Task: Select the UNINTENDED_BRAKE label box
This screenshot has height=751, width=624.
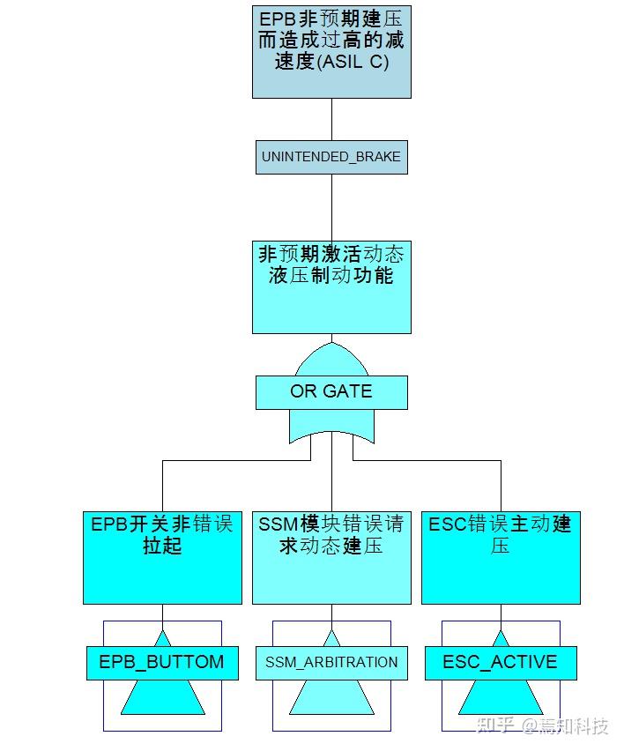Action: pyautogui.click(x=331, y=157)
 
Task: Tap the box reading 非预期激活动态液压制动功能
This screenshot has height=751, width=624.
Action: pyautogui.click(x=331, y=286)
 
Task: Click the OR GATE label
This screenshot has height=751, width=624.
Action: pyautogui.click(x=331, y=391)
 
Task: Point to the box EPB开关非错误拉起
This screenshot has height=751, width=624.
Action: pyautogui.click(x=162, y=557)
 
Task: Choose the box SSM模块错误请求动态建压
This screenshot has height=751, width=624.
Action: pyautogui.click(x=331, y=557)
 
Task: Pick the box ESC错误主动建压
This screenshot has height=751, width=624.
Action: pyautogui.click(x=501, y=557)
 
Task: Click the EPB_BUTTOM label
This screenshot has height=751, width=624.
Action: pyautogui.click(x=162, y=662)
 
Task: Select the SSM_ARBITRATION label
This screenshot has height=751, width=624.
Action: pyautogui.click(x=331, y=662)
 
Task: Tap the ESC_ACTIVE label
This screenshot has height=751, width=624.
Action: pyautogui.click(x=501, y=662)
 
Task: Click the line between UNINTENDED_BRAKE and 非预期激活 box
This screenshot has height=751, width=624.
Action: pyautogui.click(x=331, y=206)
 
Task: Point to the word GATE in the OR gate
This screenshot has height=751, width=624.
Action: pyautogui.click(x=348, y=391)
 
